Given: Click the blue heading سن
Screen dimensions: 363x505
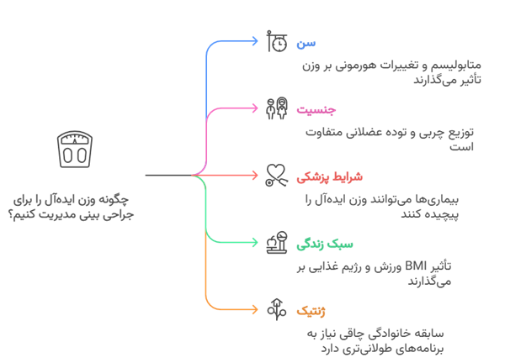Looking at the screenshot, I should point(307,42).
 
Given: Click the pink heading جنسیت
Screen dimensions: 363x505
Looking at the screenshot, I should point(315,109).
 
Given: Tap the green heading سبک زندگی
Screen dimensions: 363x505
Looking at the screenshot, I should point(318,244).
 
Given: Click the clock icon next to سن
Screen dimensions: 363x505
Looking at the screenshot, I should point(275,42).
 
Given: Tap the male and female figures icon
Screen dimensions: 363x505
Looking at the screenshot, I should point(275,109).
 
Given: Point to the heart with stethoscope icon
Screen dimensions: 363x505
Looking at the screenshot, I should point(275,176).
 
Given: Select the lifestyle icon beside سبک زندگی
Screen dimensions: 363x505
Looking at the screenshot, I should point(275,244).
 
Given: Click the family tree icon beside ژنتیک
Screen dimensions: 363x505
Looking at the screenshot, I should point(275,310).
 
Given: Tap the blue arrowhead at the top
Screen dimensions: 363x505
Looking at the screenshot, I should point(257,41).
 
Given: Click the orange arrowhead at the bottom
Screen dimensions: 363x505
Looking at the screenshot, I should point(257,310).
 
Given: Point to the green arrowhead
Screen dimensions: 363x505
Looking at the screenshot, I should point(257,243).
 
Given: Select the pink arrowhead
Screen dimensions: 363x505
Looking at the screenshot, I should point(257,108).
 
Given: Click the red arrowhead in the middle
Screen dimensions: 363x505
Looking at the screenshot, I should point(257,176).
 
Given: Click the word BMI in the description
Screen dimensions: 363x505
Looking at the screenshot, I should point(416,267).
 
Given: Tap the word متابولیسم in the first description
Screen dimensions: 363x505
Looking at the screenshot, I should point(454,66).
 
